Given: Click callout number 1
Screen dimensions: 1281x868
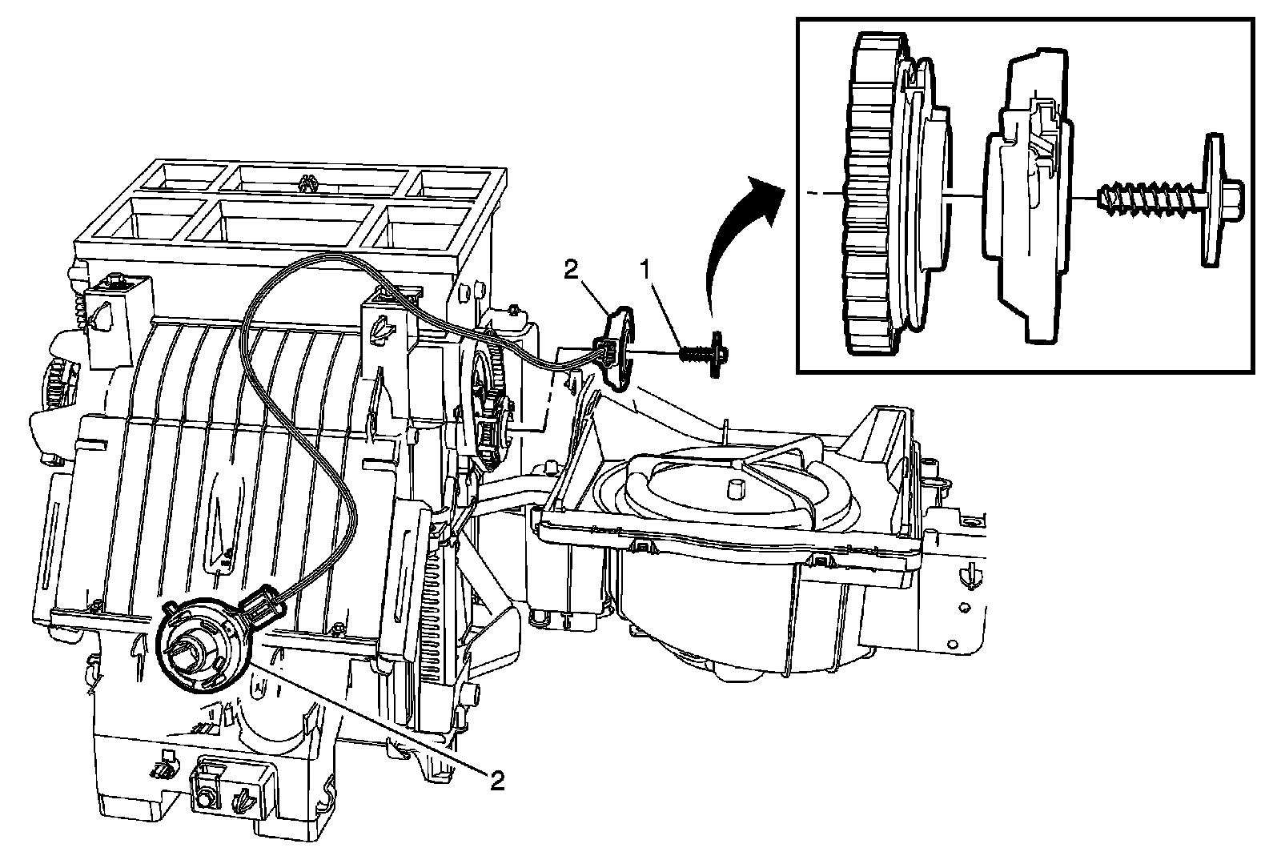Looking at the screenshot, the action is [x=645, y=270].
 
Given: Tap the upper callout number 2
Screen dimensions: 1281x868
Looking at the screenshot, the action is [x=572, y=270].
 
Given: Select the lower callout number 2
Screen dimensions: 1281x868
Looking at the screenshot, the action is [x=497, y=781].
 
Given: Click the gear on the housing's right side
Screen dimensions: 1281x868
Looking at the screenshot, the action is [x=491, y=395].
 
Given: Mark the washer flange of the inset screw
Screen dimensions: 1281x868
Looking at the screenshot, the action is [x=1212, y=200].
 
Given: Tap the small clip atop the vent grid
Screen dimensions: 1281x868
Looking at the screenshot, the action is [x=309, y=183].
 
